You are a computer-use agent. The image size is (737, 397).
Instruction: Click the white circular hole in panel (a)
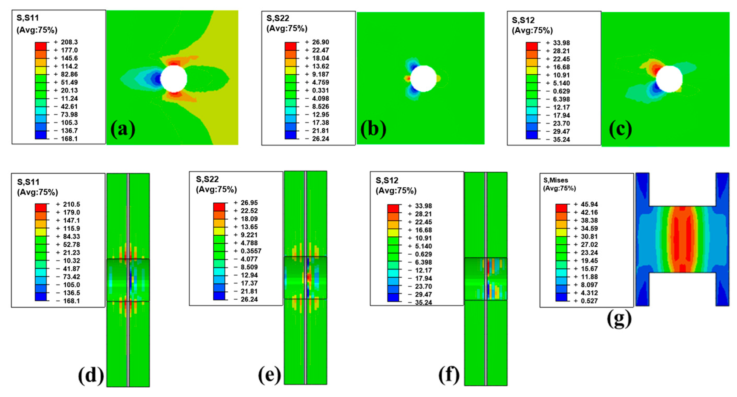[x=174, y=79]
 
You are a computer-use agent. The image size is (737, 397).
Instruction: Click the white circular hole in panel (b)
[x=424, y=79]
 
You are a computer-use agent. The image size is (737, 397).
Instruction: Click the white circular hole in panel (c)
[x=669, y=79]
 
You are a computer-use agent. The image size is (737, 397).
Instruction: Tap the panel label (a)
[x=123, y=129]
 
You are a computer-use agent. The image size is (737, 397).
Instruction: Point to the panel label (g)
[x=619, y=319]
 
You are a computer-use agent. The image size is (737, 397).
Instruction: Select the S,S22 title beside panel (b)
[x=278, y=18]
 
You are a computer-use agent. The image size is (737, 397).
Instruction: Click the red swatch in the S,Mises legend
[x=561, y=208]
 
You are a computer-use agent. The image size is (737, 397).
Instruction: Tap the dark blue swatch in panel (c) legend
[x=532, y=135]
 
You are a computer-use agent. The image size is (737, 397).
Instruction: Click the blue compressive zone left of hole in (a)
[x=156, y=78]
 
